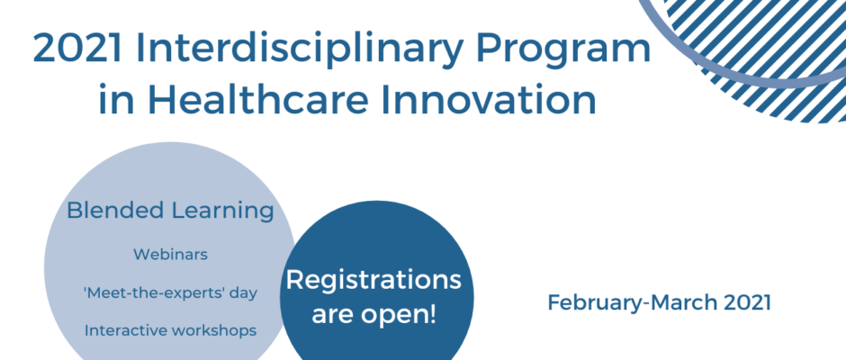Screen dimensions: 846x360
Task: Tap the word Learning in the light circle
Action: (x=222, y=211)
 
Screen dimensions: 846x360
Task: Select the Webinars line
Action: (x=170, y=254)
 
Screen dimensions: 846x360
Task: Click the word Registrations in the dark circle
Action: (x=373, y=280)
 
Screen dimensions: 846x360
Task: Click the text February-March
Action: (x=633, y=302)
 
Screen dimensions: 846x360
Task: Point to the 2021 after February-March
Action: (x=748, y=302)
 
